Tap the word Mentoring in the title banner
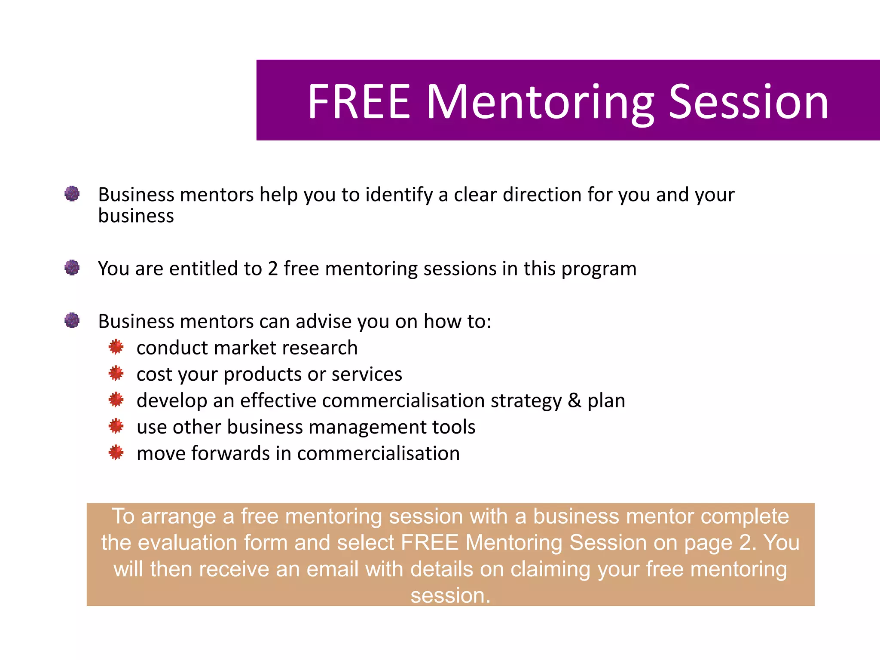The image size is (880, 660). point(540,102)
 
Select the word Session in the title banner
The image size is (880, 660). point(749,102)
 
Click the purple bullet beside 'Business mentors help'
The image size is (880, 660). point(72,194)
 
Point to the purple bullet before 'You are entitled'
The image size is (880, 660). point(72,268)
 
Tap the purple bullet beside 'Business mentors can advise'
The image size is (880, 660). point(72,321)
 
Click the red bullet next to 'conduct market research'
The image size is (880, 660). point(116,347)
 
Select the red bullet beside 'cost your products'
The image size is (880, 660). point(116,373)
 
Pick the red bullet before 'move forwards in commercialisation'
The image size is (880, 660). point(116,452)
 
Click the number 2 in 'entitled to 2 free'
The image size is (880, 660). point(272,269)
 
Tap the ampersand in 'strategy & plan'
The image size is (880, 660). point(574,400)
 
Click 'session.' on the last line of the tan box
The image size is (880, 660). point(450,596)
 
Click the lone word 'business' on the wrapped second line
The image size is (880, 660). point(136,216)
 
